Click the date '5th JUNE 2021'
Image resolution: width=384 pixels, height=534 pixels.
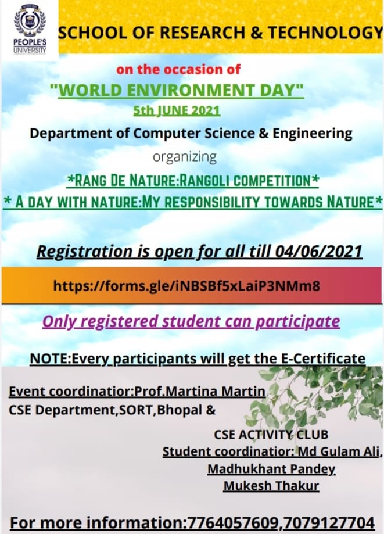(177, 110)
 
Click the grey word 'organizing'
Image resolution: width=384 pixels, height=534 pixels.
(185, 157)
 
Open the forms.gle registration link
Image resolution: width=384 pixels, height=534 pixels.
(187, 286)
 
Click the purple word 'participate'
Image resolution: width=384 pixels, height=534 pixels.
(297, 322)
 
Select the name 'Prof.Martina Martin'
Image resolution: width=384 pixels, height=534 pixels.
(200, 391)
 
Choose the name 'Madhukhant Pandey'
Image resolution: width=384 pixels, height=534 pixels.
(271, 469)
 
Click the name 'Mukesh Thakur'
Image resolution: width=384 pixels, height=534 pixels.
(271, 486)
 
